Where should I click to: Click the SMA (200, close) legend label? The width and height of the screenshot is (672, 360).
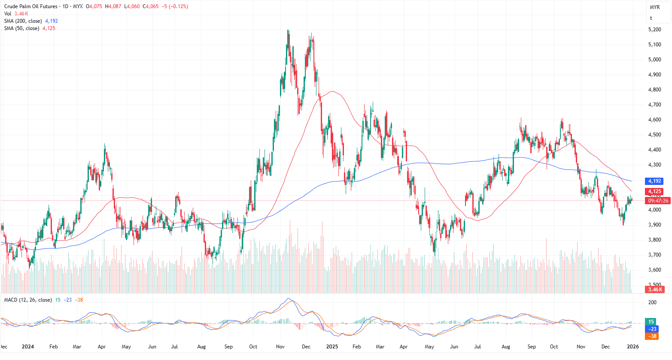click(x=23, y=21)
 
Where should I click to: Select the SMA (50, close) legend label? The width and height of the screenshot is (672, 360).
click(x=21, y=28)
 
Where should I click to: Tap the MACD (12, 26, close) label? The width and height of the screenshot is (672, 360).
click(x=28, y=300)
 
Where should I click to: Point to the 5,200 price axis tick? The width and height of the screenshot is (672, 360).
click(x=654, y=30)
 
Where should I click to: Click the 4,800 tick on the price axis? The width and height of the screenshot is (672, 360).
click(x=654, y=90)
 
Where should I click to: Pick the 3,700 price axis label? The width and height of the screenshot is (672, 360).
click(x=654, y=255)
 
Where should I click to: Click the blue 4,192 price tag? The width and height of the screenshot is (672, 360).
click(x=654, y=181)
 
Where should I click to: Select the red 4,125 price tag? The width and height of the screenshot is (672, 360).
click(x=654, y=191)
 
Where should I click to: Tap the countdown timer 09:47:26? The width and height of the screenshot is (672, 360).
click(x=658, y=201)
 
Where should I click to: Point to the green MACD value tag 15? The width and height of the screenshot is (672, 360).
click(x=651, y=322)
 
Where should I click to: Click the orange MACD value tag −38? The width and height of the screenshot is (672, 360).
click(x=652, y=336)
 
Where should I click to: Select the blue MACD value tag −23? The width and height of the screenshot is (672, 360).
click(x=652, y=329)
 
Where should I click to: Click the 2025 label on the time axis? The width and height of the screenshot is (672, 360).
click(x=332, y=347)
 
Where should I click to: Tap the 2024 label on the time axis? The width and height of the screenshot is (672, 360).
click(x=28, y=347)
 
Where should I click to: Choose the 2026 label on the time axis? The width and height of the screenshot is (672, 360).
click(x=632, y=347)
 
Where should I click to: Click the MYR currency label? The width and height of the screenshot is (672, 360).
click(x=654, y=7)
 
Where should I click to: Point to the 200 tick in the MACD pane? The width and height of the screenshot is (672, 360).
click(x=652, y=303)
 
